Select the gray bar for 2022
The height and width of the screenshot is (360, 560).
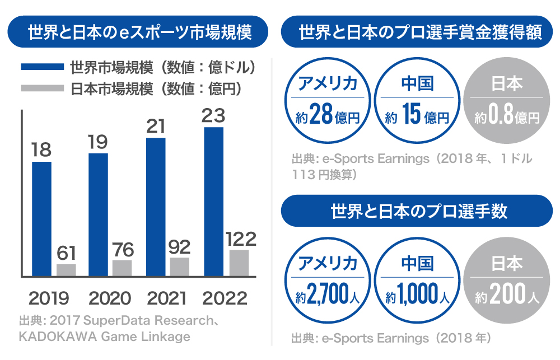pyautogui.click(x=239, y=263)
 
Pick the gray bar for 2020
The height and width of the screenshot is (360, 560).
pyautogui.click(x=122, y=268)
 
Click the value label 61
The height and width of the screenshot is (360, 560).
pyautogui.click(x=66, y=253)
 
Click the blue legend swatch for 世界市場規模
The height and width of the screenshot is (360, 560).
pyautogui.click(x=42, y=67)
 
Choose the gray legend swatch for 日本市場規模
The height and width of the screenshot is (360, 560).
pyautogui.click(x=42, y=88)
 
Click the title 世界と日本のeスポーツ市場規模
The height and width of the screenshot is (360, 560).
pyautogui.click(x=140, y=32)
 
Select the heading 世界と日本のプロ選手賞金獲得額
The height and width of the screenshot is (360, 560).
pyautogui.click(x=420, y=32)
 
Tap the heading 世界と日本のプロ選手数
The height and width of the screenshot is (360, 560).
pyautogui.click(x=420, y=211)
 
